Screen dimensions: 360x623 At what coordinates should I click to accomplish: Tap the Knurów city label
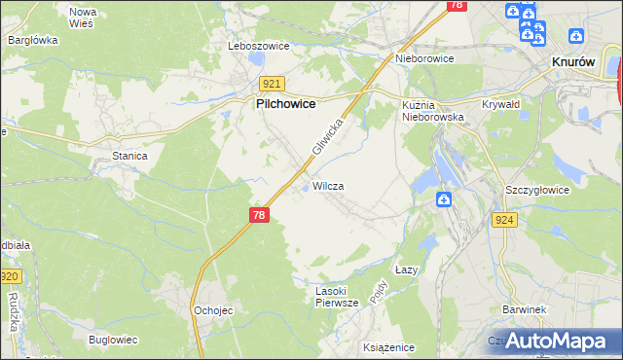click(573, 60)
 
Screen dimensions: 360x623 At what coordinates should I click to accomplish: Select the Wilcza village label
click(328, 185)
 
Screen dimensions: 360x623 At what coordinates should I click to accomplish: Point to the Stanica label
click(128, 156)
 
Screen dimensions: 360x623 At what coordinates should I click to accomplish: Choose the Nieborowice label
click(425, 58)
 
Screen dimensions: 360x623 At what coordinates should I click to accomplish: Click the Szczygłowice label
click(536, 190)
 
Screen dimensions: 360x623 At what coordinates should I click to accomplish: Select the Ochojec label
click(211, 310)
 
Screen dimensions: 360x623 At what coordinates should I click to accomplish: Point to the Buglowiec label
click(112, 340)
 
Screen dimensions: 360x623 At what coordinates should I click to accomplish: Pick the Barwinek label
click(523, 309)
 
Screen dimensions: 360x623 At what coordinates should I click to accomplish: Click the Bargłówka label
click(33, 40)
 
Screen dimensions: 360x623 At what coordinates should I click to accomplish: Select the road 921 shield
click(272, 85)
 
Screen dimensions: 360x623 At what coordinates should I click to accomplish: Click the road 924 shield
click(503, 221)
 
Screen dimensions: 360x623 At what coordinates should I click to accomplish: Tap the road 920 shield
click(9, 277)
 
